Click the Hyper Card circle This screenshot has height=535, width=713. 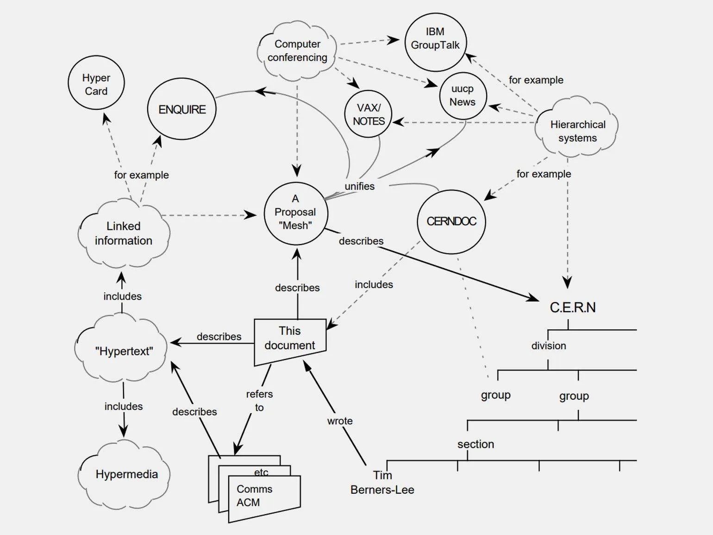(96, 83)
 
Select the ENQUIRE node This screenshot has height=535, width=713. (181, 109)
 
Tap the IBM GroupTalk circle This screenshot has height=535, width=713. (435, 42)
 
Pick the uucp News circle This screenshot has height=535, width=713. (463, 96)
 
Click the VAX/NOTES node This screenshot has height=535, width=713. (369, 114)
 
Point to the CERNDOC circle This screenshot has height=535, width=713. (451, 221)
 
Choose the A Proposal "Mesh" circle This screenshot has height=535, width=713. (295, 213)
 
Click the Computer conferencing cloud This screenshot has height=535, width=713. (297, 50)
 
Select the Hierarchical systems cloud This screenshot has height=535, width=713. (577, 131)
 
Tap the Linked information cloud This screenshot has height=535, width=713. (123, 233)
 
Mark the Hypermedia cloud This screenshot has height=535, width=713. (126, 474)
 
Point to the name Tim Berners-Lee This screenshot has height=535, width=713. (382, 483)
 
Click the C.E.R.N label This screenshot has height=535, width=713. (572, 308)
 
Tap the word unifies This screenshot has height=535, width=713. (359, 186)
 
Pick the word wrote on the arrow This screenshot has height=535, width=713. (340, 421)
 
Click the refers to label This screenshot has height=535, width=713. (259, 401)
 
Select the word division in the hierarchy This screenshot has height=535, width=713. (549, 346)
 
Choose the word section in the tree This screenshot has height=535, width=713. (475, 444)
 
